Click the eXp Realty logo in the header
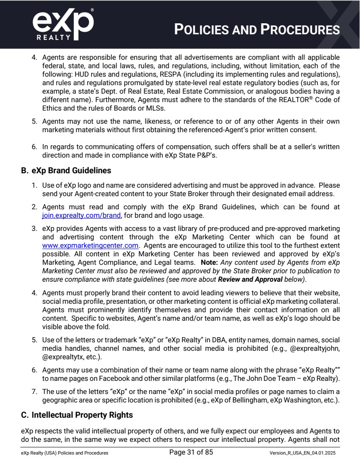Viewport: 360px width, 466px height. click(63, 24)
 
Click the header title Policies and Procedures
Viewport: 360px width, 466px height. click(257, 30)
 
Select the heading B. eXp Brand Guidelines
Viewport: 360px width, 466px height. click(66, 171)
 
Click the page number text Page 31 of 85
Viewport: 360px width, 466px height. click(191, 452)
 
